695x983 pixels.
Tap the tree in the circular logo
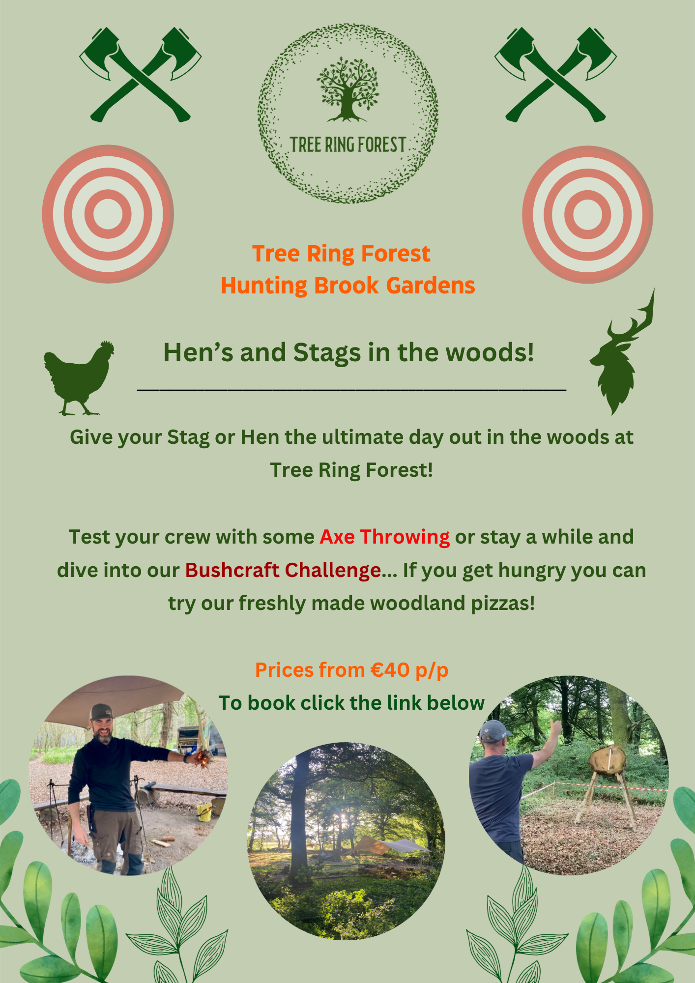[347, 89]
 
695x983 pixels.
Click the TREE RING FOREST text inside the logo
[348, 145]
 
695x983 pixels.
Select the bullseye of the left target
[108, 214]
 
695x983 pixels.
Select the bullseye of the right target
[587, 214]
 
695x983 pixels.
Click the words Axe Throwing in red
[384, 537]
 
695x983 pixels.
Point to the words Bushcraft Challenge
[283, 570]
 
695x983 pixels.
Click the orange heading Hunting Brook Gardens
[348, 286]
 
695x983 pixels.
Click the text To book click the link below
[351, 703]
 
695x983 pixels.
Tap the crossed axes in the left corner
[141, 74]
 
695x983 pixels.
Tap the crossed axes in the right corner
[555, 74]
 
